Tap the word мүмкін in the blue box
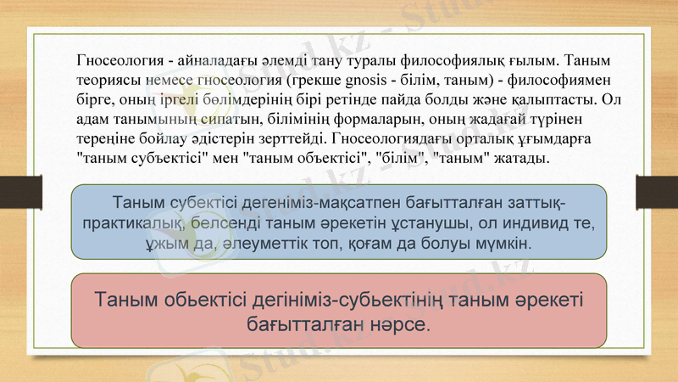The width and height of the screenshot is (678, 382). click(508, 243)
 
